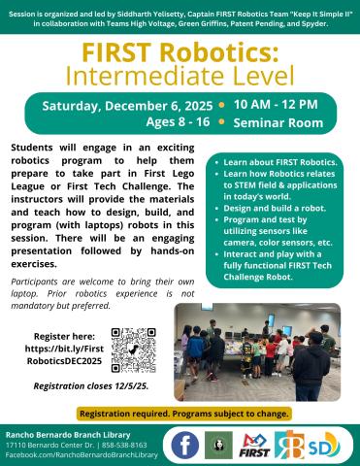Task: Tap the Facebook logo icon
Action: pyautogui.click(x=185, y=445)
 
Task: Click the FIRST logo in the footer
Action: pyautogui.click(x=255, y=445)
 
